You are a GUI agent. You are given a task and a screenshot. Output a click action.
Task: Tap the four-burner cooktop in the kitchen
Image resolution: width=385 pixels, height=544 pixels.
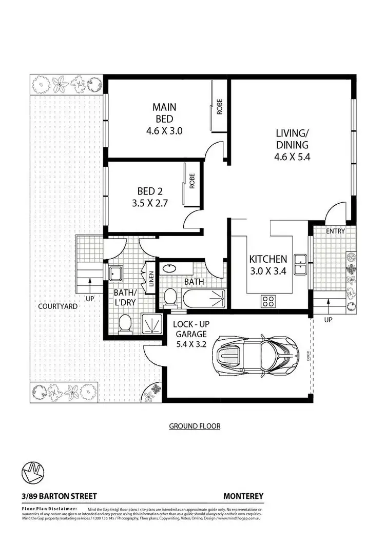coord(268,300)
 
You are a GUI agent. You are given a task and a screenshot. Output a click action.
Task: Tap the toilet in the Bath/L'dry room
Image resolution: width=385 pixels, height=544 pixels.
coord(124,324)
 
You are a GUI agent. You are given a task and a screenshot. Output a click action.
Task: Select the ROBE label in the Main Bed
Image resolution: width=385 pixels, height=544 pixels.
coord(219,106)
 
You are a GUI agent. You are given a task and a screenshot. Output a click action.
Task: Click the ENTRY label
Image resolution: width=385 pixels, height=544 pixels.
coord(335,231)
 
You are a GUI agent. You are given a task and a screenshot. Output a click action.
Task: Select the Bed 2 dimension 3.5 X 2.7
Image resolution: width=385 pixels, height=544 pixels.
coord(149,202)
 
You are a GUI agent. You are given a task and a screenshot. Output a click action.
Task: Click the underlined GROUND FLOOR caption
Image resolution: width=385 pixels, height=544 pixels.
coord(195,426)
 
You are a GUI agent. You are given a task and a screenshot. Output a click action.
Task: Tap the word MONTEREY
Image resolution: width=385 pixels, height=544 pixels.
coord(243,496)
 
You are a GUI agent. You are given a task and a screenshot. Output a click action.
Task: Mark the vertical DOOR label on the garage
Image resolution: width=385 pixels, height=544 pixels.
coord(309,356)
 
